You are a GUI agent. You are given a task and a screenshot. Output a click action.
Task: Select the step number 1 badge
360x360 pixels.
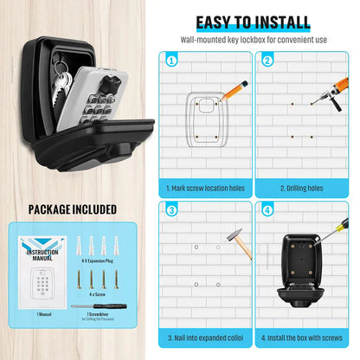[170, 61]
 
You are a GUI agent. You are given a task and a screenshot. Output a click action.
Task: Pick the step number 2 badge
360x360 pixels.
[268, 61]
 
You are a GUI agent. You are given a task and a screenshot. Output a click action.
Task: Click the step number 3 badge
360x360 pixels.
[170, 210]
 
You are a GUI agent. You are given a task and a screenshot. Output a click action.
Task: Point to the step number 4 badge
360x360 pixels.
[268, 210]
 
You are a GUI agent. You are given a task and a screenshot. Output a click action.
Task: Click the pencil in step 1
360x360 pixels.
[234, 90]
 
